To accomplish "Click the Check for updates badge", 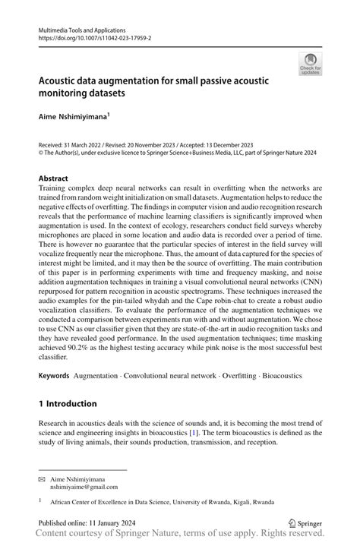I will click(310, 64).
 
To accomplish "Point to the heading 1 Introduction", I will click(68, 403).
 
